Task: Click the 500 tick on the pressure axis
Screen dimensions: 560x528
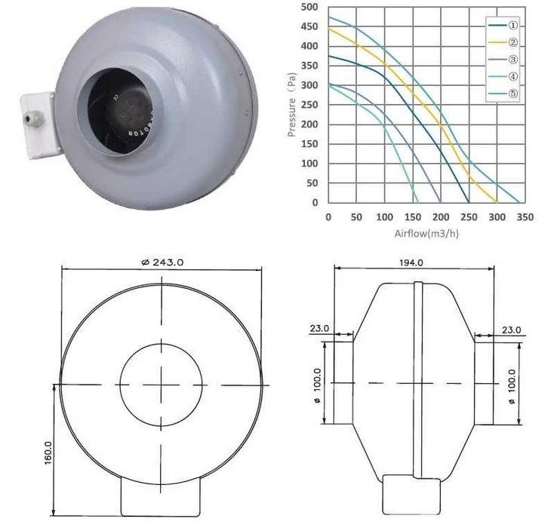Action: click(x=309, y=7)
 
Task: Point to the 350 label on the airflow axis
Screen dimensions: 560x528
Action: click(x=525, y=217)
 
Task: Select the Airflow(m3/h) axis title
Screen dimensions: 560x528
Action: click(x=426, y=234)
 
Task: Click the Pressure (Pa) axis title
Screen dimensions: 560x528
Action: click(x=292, y=105)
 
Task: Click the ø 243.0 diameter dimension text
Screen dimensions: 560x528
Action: click(x=162, y=262)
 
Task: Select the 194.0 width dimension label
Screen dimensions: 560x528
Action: click(x=411, y=262)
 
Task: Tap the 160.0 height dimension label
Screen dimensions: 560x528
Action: click(x=48, y=453)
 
